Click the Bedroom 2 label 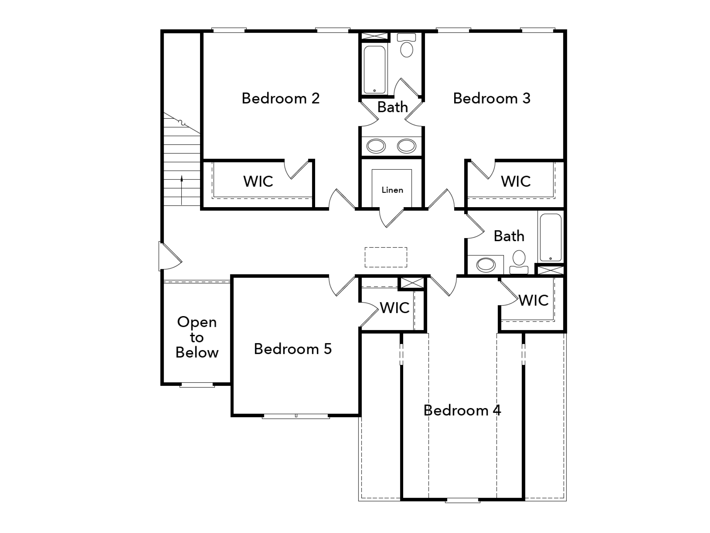pos(280,98)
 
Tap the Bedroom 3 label pos(492,98)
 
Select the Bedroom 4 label pos(462,410)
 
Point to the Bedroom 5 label pos(293,349)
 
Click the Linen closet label pos(392,190)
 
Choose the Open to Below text pos(197,337)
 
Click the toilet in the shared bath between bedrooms pos(407,45)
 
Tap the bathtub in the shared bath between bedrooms pos(374,69)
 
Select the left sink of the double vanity pos(376,146)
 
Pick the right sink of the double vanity pos(406,146)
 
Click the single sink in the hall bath pos(486,265)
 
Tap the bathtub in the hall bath pos(551,237)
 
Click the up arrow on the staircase pos(182,190)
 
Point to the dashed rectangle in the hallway pos(386,257)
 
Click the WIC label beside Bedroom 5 pos(395,307)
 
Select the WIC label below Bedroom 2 pos(258,181)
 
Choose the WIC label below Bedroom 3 pos(516,181)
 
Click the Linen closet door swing pos(392,218)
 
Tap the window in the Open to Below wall pos(197,384)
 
